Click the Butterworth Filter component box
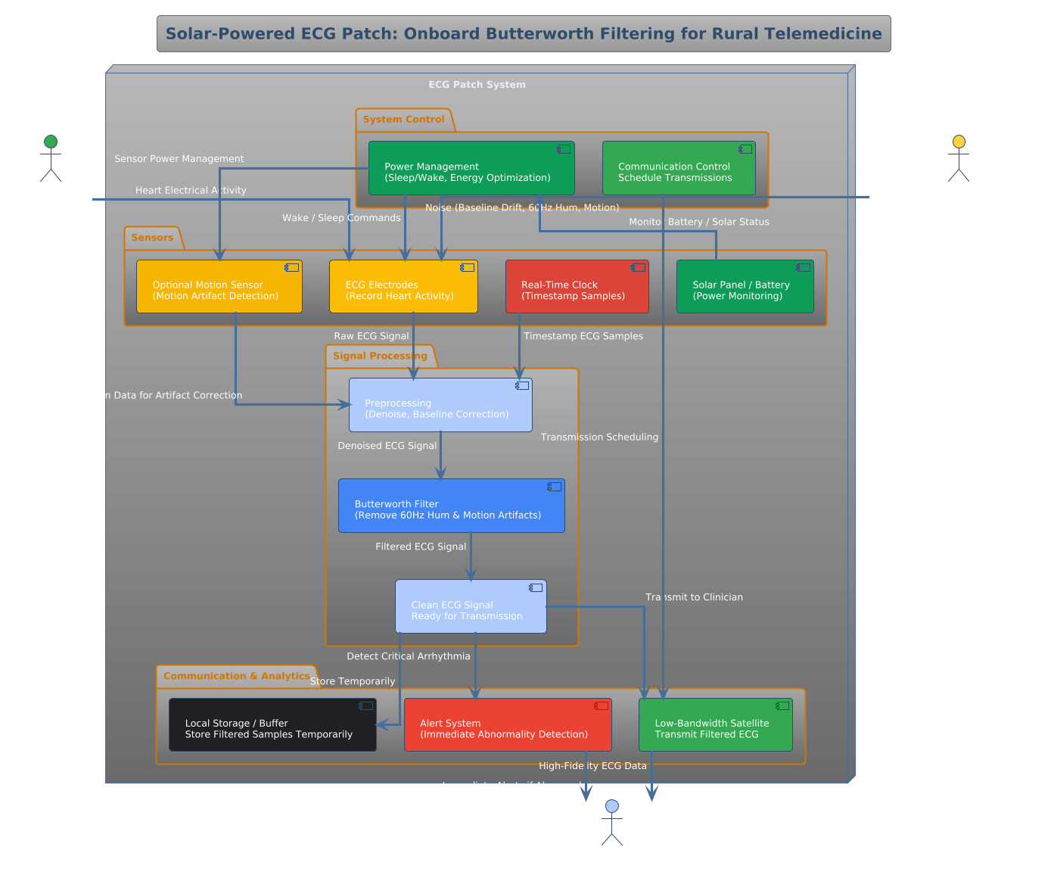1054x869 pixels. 451,506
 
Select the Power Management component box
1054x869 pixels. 471,168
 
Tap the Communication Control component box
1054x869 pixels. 679,168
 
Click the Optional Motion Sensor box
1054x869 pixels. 219,287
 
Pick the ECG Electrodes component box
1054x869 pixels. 403,287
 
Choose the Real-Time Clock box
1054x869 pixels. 577,287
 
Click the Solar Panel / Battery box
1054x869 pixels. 745,287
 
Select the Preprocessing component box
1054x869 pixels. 440,405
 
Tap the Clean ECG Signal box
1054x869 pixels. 470,606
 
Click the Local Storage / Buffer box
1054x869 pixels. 272,725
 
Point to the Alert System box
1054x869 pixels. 507,725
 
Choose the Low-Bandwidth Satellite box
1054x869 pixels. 715,725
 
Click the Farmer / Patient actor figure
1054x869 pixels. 51,159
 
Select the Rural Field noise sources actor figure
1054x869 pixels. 958,159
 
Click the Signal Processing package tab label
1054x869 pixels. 380,356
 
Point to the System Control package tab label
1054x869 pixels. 403,120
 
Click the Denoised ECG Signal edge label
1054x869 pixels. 387,446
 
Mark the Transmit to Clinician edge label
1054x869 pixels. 694,597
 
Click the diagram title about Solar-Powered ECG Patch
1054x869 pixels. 524,34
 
